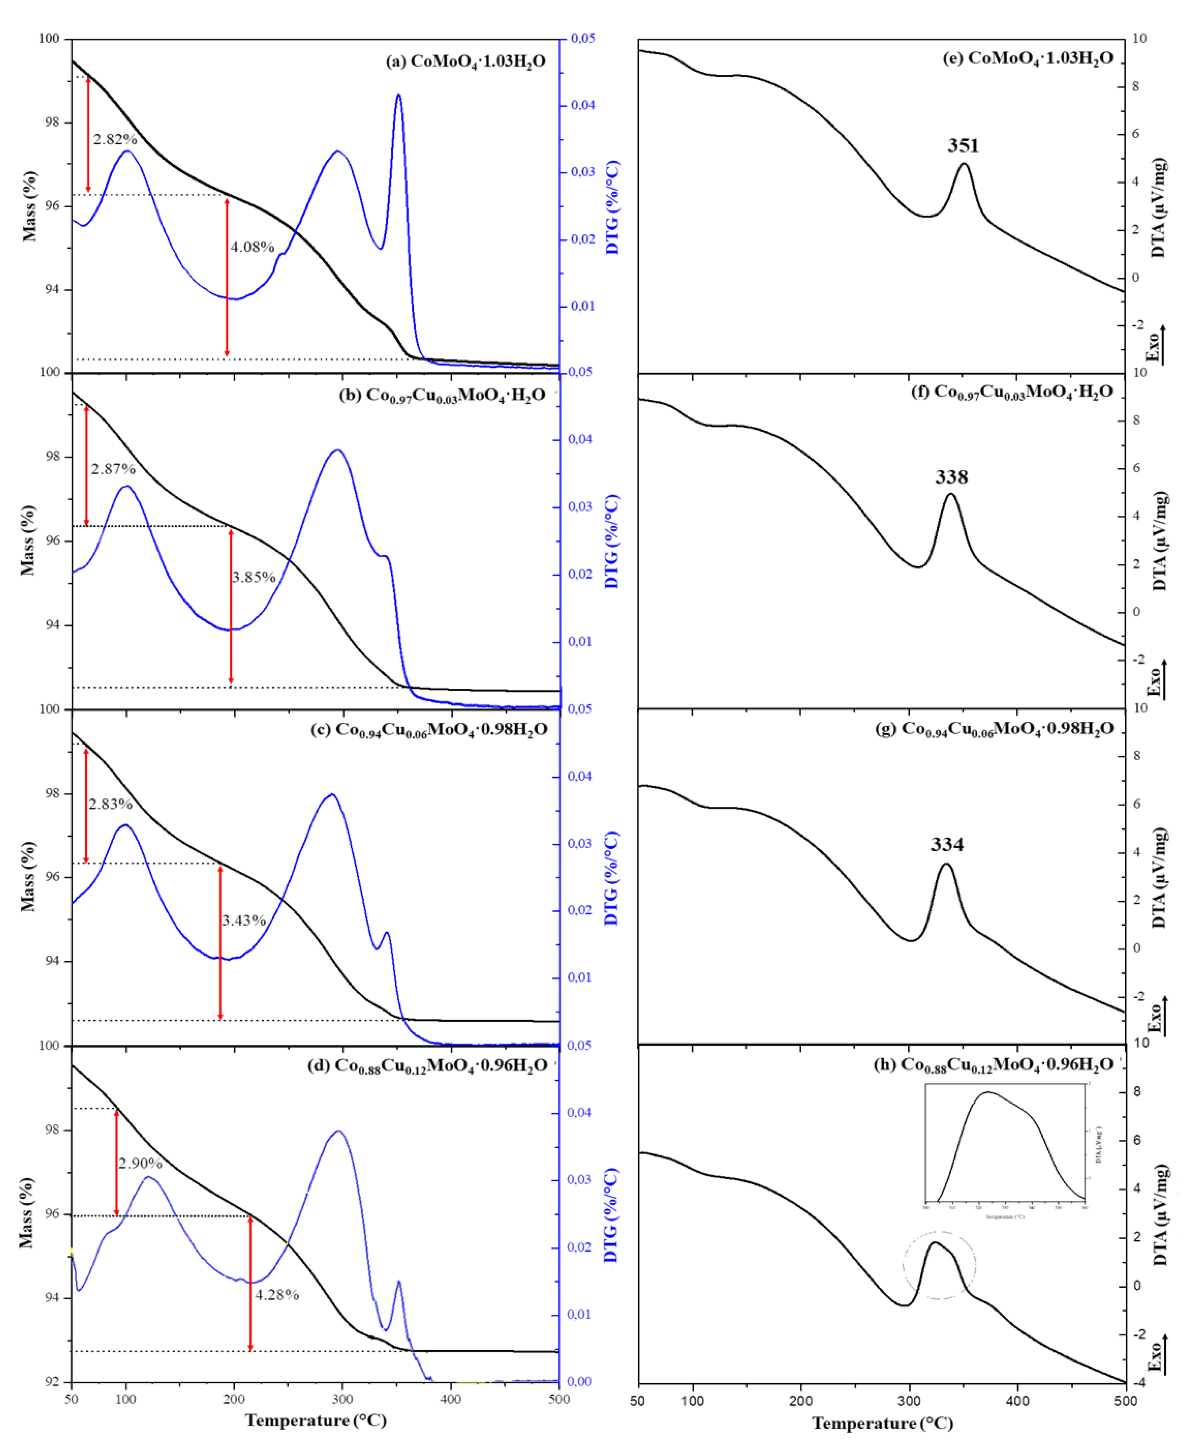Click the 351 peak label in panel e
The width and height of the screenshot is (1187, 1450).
pos(963,146)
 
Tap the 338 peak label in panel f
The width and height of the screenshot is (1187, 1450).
pos(951,477)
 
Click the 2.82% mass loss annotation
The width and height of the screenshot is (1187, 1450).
pos(115,139)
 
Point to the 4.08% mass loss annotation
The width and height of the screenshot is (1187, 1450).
pos(252,247)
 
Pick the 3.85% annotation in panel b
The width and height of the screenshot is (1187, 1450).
pos(254,577)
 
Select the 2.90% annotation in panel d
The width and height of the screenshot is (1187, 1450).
pos(140,1163)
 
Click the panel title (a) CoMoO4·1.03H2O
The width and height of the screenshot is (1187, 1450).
pos(466,61)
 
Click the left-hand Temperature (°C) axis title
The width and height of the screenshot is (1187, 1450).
pos(316,1420)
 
